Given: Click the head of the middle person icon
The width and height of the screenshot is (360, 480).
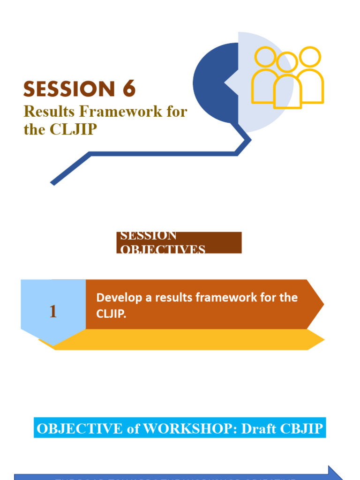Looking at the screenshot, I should click(x=287, y=62).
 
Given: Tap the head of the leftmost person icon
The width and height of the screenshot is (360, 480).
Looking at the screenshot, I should click(x=265, y=57).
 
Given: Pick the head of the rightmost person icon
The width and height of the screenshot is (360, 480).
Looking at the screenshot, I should click(x=310, y=57).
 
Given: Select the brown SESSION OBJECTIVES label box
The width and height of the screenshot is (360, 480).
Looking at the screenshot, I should click(x=179, y=242).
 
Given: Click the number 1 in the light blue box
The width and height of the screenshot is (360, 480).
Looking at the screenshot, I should click(x=53, y=312).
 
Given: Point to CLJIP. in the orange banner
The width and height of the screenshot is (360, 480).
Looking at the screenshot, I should click(x=112, y=314).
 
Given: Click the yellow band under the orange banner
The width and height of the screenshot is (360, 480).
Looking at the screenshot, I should click(x=187, y=339).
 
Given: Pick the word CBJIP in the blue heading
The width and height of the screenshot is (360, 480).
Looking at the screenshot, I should click(x=301, y=429).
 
